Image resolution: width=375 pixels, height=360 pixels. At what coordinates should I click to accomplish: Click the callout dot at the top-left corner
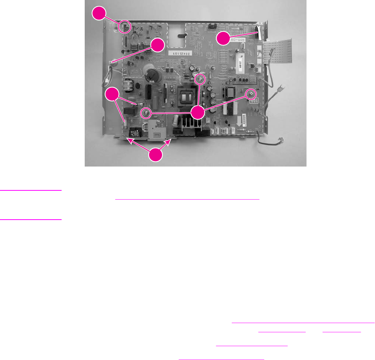99,15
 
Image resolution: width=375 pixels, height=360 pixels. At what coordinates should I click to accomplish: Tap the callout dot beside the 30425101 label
157,45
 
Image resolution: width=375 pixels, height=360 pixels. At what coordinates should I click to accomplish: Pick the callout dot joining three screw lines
198,113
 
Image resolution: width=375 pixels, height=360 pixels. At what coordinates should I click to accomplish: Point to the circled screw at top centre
199,80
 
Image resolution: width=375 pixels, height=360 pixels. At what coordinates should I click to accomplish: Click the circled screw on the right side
251,93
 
